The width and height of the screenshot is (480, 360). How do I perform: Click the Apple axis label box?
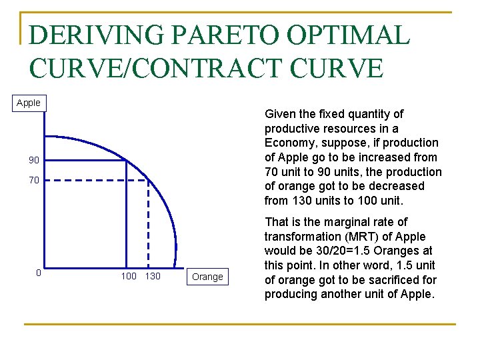click(x=29, y=103)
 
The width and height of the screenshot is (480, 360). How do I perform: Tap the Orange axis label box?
click(x=207, y=276)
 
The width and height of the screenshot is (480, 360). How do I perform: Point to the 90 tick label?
click(x=33, y=160)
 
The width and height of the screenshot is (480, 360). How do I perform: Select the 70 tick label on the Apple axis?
click(x=33, y=180)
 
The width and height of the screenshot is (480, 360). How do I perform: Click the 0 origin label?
click(x=39, y=273)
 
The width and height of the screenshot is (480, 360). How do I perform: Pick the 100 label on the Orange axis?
click(x=129, y=276)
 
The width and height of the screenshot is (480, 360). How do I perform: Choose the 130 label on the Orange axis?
click(x=153, y=276)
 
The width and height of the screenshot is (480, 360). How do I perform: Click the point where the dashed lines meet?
click(x=148, y=179)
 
